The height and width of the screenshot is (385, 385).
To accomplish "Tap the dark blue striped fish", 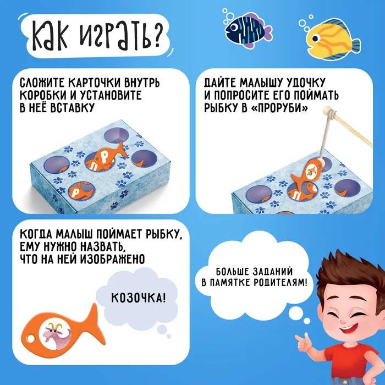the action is (x=248, y=30).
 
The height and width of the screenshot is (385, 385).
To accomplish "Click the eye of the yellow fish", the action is (x=316, y=38).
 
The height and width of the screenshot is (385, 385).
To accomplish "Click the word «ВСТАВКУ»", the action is (x=72, y=108).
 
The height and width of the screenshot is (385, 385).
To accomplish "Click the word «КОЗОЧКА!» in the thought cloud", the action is (x=139, y=298).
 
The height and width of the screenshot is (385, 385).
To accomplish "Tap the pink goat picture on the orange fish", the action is (x=55, y=335).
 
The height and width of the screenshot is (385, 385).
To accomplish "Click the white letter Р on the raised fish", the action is (x=105, y=158).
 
